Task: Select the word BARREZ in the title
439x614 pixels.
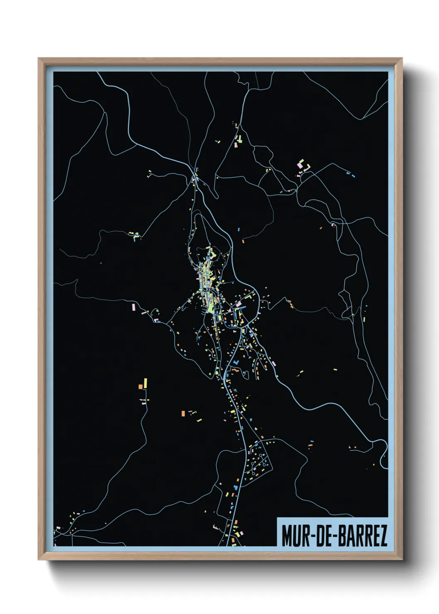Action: pos(363,536)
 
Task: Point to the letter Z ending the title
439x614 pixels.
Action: pos(383,536)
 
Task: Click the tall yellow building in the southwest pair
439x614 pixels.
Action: pos(146,383)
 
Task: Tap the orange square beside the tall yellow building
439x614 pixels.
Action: pos(141,387)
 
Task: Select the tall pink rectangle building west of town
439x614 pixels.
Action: pos(134,307)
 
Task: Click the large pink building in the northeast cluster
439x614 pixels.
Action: pos(300,166)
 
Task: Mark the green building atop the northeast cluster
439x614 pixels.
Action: pos(302,160)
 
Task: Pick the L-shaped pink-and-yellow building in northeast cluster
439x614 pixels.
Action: pos(307,167)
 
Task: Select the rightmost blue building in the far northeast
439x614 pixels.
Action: pos(354,176)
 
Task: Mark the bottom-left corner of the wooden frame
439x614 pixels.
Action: pos(39,559)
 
